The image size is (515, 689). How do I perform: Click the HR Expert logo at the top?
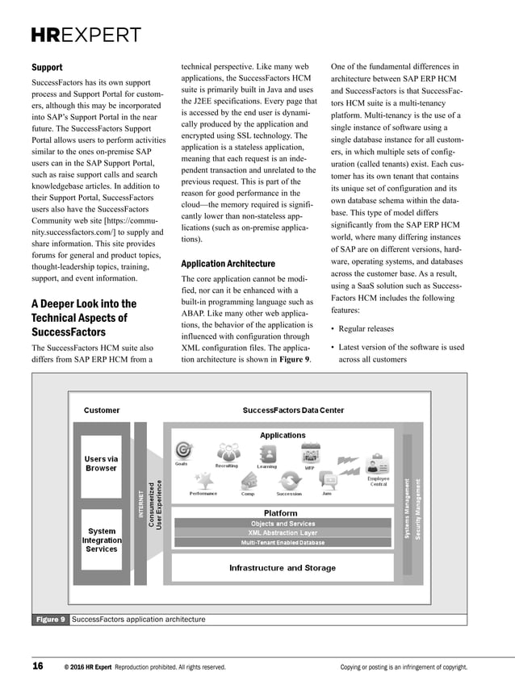click(x=86, y=35)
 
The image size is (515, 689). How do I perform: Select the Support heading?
click(x=47, y=68)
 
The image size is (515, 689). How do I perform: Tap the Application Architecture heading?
click(x=228, y=264)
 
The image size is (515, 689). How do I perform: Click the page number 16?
click(x=38, y=666)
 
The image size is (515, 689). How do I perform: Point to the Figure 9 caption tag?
click(x=50, y=620)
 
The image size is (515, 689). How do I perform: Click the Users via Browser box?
click(x=101, y=463)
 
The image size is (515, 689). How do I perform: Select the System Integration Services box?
click(x=101, y=540)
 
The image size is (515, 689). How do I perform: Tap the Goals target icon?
click(x=183, y=451)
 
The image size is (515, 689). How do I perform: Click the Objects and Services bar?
click(x=283, y=524)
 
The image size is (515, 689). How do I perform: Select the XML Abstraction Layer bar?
click(x=283, y=533)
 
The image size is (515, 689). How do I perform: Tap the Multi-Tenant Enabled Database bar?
click(x=283, y=543)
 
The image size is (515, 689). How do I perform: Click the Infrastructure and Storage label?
click(x=283, y=568)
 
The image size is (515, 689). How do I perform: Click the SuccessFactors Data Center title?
click(x=293, y=411)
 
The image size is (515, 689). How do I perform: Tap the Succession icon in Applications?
click(x=288, y=481)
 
